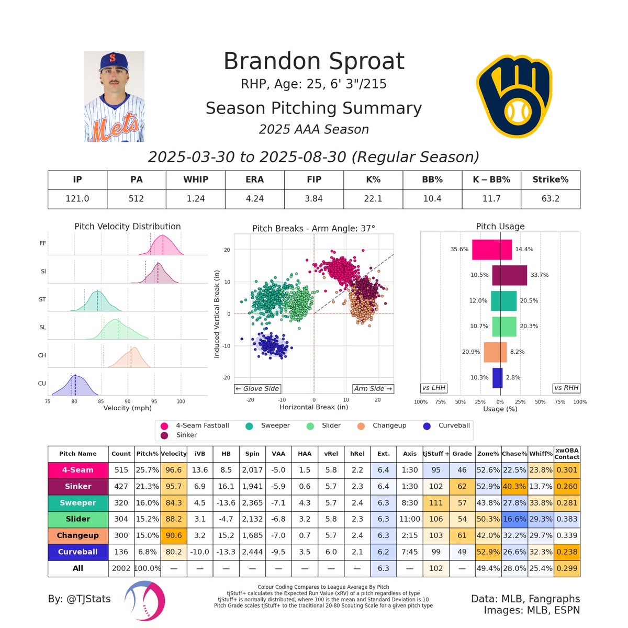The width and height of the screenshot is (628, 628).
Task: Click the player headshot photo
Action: pos(114,97)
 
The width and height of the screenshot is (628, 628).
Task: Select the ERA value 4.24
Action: pos(255,199)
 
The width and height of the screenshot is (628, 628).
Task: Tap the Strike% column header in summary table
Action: pos(550,180)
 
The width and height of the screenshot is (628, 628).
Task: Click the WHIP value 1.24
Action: pos(196,199)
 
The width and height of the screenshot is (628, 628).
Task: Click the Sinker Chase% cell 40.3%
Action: pos(514,486)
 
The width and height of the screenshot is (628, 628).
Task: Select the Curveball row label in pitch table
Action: pos(78,552)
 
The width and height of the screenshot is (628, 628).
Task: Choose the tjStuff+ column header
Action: pos(435,454)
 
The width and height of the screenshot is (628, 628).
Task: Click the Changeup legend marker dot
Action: pos(362,425)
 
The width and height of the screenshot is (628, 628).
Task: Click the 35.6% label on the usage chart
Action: pos(459,250)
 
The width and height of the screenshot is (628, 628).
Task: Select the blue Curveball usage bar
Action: pos(498,378)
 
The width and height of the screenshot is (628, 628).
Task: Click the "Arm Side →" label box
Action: pos(373,389)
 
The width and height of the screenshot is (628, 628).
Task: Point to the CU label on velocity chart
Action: pos(42,384)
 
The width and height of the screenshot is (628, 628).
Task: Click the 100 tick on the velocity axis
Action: pos(181,402)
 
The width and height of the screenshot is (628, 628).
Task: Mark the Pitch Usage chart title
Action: pos(500,227)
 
